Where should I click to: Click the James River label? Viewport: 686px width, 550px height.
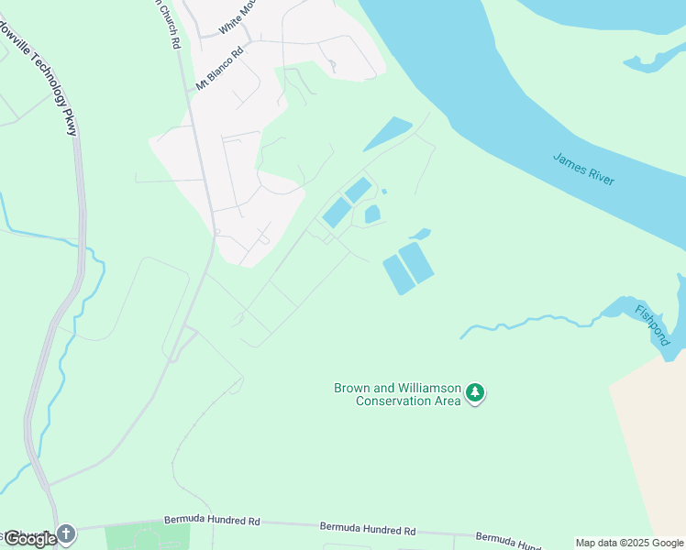tap(583, 169)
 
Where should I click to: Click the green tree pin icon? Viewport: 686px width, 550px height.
tap(475, 393)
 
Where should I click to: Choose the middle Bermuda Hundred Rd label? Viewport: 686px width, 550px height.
tap(368, 529)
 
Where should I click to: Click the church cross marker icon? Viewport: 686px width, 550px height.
tap(65, 533)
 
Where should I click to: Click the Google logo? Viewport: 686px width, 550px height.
tap(30, 539)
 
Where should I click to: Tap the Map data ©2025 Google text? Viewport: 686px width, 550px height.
tap(629, 543)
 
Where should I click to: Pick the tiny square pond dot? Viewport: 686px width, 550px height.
tap(384, 192)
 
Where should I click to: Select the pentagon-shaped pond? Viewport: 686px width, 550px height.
tap(372, 214)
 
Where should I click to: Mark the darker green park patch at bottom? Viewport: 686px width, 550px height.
tap(147, 536)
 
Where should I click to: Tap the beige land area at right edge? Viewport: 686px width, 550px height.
tap(654, 440)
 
